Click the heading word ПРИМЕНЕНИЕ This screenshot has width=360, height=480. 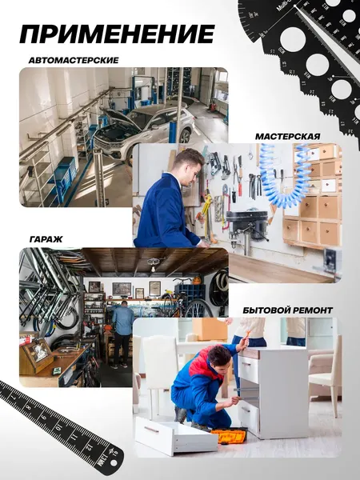[x=117, y=34]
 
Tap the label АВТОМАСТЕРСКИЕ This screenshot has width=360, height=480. [x=74, y=60]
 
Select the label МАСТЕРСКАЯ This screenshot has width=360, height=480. [x=288, y=136]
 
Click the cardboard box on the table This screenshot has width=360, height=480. [x=210, y=329]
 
